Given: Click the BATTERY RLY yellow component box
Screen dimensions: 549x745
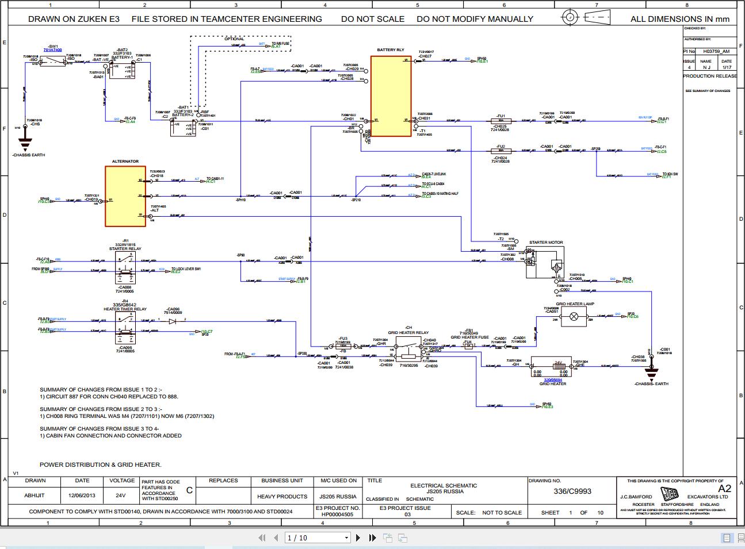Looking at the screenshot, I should tap(391, 96).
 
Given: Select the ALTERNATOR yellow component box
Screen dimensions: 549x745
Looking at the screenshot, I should tap(125, 196).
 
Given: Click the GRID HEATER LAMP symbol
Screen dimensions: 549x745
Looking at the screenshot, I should tap(574, 316).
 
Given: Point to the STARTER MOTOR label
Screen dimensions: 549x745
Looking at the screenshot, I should tap(546, 243).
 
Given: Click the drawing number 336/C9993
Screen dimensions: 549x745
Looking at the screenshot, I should tap(572, 492).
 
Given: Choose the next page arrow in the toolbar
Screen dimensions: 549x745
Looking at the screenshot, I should tap(358, 538).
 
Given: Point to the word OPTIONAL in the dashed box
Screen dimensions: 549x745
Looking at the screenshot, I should tap(235, 39).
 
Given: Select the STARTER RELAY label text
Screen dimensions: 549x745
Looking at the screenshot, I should tap(125, 249).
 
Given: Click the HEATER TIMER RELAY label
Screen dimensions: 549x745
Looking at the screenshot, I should tap(125, 309).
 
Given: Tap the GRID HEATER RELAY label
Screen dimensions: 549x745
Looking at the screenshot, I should tap(408, 333).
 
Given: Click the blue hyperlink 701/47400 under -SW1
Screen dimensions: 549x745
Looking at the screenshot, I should tap(52, 51).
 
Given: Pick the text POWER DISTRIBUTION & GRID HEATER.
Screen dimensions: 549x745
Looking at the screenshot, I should tap(101, 464).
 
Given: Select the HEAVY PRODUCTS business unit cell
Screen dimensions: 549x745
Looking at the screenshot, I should tap(282, 496).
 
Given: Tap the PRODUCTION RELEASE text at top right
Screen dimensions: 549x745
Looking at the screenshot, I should tap(709, 76).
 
